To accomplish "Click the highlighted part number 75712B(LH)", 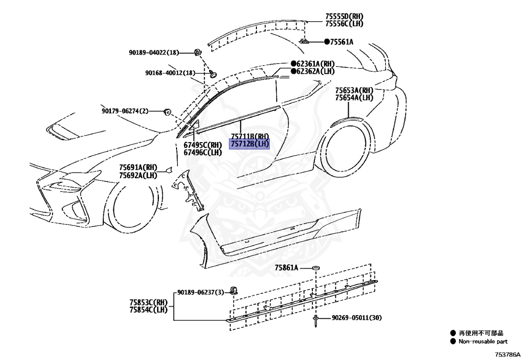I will (249, 144).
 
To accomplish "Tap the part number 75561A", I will (341, 42).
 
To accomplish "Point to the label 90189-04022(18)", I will (154, 52).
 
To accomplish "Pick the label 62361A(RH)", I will (316, 64).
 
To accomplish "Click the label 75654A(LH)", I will (354, 97).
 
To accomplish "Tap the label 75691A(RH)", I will (138, 168).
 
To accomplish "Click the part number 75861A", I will (286, 267).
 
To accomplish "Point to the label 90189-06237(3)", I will (200, 292).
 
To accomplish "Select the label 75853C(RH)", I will (148, 302).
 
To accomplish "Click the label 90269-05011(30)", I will (357, 318).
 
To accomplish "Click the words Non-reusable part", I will (483, 342).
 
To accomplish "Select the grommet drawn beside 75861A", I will (315, 267).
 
